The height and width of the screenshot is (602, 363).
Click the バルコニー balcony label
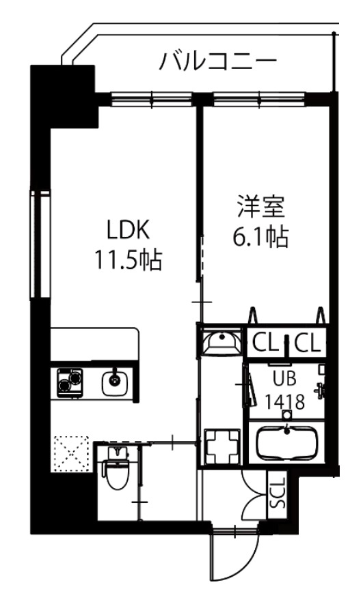218,62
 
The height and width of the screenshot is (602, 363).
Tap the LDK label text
127,228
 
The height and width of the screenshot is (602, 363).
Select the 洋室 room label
260,205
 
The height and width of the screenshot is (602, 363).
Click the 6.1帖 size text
260,237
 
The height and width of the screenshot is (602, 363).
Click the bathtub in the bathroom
286,444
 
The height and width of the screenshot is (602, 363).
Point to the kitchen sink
113,382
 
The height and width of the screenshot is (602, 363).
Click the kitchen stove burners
68,382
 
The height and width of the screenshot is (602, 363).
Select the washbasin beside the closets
219,341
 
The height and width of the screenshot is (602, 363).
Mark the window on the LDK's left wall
38,244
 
